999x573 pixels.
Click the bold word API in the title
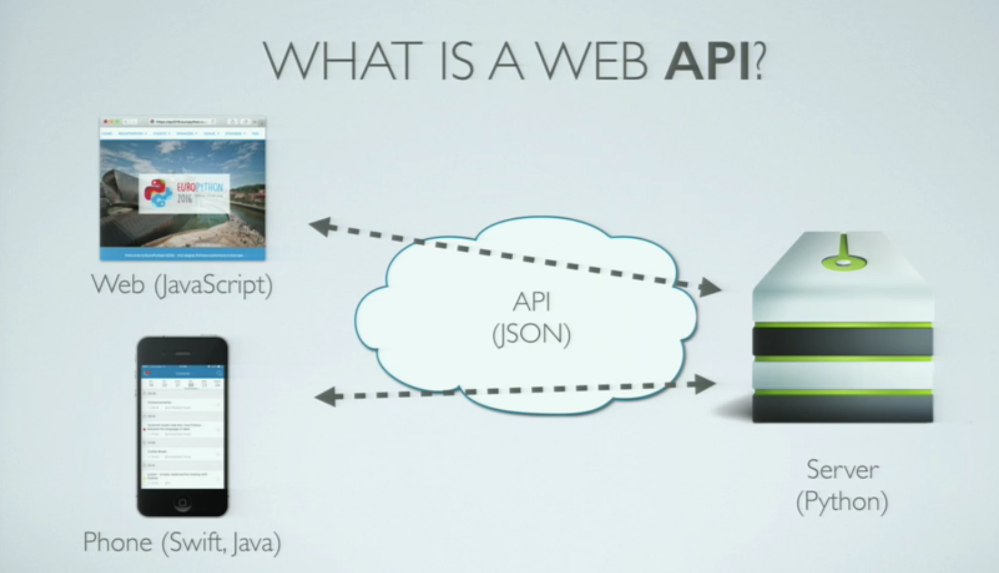[707, 61]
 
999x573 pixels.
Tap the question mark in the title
[759, 61]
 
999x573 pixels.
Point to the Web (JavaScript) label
[182, 285]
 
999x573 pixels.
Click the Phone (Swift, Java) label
[182, 542]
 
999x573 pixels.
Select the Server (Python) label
[842, 485]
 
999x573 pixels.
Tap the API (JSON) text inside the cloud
[532, 318]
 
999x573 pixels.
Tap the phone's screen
[182, 426]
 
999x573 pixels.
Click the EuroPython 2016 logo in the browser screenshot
[184, 193]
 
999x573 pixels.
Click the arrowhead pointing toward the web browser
[321, 226]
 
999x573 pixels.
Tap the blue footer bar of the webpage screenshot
[182, 254]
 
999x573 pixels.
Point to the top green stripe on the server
[843, 325]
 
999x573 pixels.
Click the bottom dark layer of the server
[843, 408]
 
